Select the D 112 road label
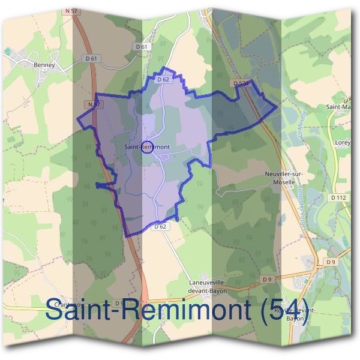tap(339, 197)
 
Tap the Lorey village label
tap(343, 143)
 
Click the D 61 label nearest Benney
tap(91, 58)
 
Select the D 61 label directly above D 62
tap(142, 47)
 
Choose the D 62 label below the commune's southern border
tap(160, 226)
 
